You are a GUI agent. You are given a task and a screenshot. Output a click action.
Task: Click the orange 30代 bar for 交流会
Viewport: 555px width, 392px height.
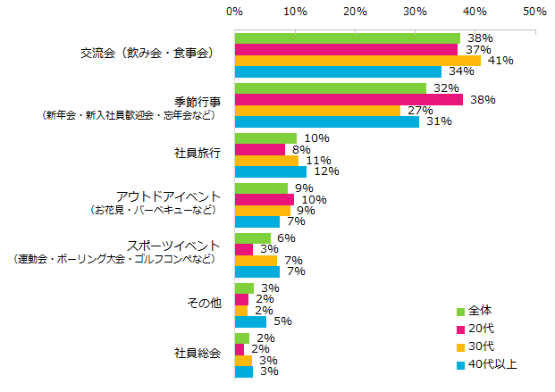click(x=357, y=61)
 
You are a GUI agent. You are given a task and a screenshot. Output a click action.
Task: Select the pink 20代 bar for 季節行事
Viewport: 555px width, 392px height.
click(x=349, y=99)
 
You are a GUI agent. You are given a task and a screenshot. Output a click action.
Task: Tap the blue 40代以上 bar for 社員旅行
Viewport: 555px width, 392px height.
click(x=270, y=171)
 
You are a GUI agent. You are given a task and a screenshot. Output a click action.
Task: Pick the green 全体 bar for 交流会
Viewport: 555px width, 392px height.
click(x=347, y=38)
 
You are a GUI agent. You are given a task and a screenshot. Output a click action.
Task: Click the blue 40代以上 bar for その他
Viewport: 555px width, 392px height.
click(x=250, y=321)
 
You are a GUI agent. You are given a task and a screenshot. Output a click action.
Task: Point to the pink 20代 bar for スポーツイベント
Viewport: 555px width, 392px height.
click(x=243, y=249)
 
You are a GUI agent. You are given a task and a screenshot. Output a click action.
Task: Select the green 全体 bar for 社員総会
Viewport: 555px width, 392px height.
click(x=241, y=338)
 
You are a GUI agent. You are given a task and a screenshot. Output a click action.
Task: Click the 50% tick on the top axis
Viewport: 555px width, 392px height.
click(x=534, y=12)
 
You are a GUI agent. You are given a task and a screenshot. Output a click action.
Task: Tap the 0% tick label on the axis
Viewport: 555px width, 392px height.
click(x=235, y=12)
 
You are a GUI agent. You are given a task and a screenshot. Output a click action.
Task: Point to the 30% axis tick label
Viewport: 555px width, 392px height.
click(x=415, y=12)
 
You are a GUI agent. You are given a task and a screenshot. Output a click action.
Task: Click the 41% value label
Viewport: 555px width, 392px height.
click(x=500, y=61)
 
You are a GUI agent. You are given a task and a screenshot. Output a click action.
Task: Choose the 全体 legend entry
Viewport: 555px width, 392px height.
click(x=481, y=311)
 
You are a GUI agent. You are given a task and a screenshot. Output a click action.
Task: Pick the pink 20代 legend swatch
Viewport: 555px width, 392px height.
click(x=460, y=329)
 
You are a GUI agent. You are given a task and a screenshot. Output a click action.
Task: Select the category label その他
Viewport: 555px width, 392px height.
click(x=204, y=304)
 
